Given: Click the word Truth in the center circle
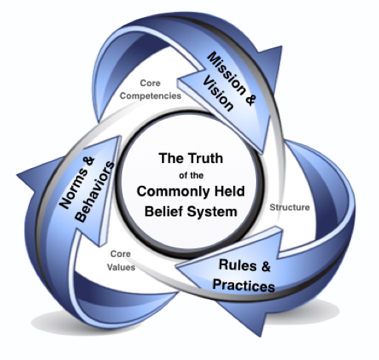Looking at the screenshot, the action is point(205,159).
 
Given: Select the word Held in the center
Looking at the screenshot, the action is point(229,191).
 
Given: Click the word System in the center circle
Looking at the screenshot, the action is point(212,212).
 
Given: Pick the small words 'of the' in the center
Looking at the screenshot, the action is point(191,176).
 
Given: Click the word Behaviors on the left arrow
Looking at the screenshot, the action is point(95,192).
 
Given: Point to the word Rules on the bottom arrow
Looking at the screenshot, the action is point(234,265).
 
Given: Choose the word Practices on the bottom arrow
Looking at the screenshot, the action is point(244,285).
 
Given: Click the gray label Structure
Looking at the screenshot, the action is point(289,207).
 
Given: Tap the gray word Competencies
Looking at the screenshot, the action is point(150,96).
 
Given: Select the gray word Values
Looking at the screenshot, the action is point(121,267).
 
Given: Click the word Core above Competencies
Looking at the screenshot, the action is point(150,83).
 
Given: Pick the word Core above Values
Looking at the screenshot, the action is point(121,254).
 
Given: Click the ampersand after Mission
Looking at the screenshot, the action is point(249,100).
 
